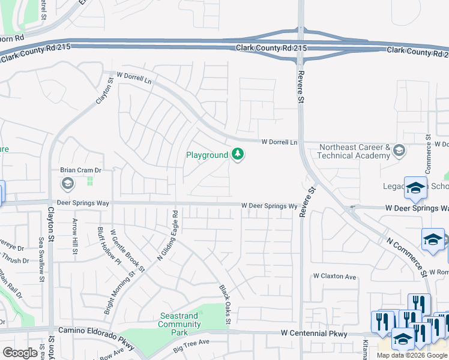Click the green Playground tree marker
pyautogui.click(x=238, y=155)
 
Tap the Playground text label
pyautogui.click(x=207, y=155)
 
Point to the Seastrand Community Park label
pyautogui.click(x=179, y=325)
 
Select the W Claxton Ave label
pyautogui.click(x=334, y=277)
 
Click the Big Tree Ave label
pyautogui.click(x=191, y=344)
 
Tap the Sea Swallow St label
pyautogui.click(x=41, y=256)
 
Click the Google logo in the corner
pyautogui.click(x=20, y=353)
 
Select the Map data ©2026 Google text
pyautogui.click(x=412, y=355)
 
